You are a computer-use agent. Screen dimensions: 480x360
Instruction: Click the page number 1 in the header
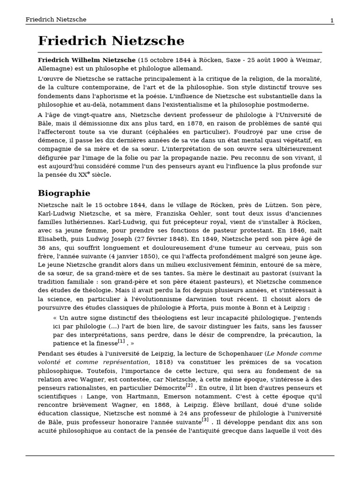coord(332,20)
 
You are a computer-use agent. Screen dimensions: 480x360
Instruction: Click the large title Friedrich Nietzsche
coord(111,41)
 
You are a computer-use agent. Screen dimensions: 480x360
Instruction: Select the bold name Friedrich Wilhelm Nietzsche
coord(87,60)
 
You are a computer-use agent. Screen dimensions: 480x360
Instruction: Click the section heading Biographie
coord(64,193)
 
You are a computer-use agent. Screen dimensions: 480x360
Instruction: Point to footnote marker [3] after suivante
coord(205,420)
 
